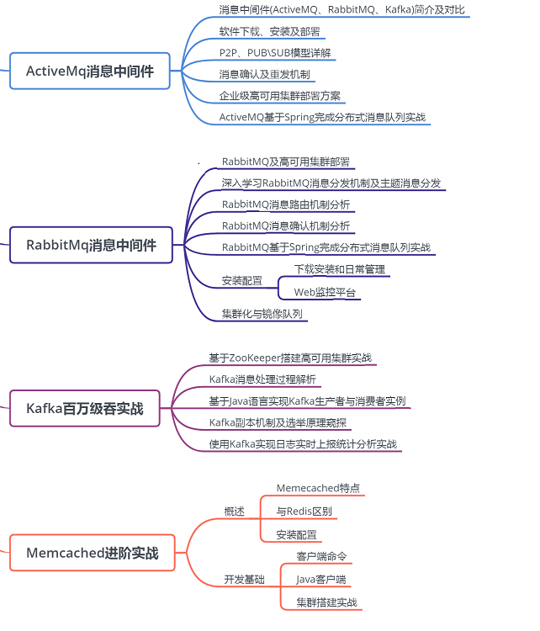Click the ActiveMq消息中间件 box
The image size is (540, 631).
coord(90,71)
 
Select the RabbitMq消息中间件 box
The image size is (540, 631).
coord(91,245)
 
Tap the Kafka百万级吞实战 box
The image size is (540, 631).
coord(84,408)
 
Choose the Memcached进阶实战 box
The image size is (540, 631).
coord(93,553)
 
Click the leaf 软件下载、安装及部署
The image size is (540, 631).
coord(270,31)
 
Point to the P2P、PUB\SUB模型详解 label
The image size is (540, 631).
coord(275,53)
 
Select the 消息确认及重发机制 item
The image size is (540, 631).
coord(264,74)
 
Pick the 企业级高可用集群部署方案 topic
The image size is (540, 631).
coord(279,96)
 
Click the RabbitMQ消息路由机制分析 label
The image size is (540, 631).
coord(286,204)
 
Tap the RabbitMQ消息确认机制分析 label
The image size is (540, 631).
coord(286,225)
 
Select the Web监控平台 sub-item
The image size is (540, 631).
coord(325,292)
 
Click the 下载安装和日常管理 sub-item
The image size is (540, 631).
coord(340,269)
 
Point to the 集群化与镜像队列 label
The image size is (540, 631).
coord(262,314)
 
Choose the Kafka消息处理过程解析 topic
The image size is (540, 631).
coord(262,379)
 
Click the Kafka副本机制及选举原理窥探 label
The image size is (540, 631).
coord(278,422)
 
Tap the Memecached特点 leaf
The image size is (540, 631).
coord(318,488)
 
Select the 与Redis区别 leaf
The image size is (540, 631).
coord(304,512)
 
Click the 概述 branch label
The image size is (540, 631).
coord(234,512)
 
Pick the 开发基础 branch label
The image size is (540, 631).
coord(244,580)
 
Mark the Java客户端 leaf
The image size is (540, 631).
coord(320,580)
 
